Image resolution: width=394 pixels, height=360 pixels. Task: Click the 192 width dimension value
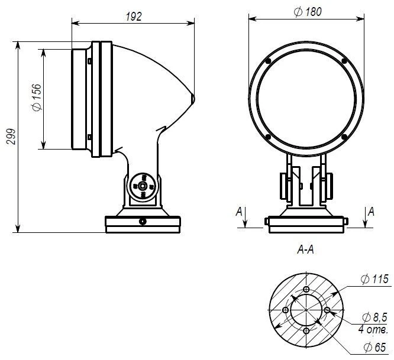134,17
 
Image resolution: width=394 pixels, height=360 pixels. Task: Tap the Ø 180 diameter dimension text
306,12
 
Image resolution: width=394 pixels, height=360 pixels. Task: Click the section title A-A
305,251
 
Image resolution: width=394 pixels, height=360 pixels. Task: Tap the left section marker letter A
238,211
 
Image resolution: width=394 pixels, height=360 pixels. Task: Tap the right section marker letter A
371,211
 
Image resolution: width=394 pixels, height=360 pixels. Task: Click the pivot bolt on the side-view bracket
143,186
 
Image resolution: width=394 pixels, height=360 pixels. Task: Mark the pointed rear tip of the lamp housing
193,98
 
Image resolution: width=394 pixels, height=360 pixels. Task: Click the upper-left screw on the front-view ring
268,61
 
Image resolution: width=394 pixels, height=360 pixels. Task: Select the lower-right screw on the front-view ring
344,137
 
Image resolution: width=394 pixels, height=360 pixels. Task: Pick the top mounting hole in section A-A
305,290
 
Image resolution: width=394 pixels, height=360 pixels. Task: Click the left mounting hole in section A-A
285,311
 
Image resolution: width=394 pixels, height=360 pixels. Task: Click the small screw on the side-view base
142,222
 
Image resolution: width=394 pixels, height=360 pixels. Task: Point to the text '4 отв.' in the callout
373,329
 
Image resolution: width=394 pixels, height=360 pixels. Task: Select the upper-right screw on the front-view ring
344,61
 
